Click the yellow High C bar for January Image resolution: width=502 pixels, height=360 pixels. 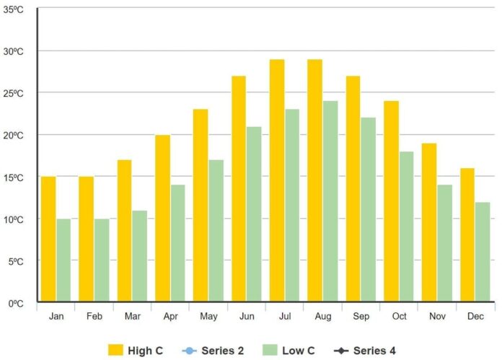pos(48,239)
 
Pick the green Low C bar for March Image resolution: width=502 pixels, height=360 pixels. pos(139,255)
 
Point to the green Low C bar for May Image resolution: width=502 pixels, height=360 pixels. pos(216,230)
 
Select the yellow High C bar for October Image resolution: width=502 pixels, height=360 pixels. pos(391,201)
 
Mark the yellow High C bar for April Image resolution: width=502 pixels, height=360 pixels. pos(162,218)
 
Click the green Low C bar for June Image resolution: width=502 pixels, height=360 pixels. pos(254,214)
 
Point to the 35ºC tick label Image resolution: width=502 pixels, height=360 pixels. pos(14,9)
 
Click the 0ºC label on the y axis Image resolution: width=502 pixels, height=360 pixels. pos(16,303)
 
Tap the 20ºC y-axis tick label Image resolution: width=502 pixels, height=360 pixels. pos(14,136)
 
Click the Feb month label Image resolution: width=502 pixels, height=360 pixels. pos(94,317)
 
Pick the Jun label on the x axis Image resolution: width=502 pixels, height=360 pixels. pos(246,317)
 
